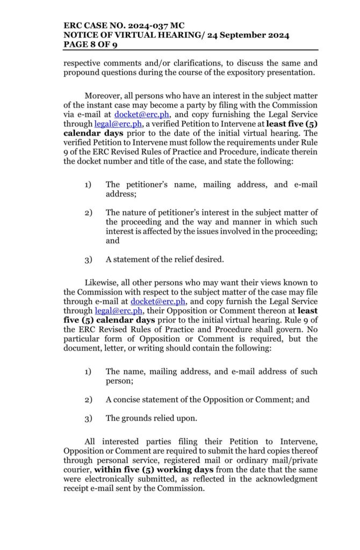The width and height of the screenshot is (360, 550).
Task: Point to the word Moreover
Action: [x=104, y=95]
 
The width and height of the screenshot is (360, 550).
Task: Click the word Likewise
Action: [x=102, y=283]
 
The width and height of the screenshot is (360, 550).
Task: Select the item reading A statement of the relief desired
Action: [x=164, y=259]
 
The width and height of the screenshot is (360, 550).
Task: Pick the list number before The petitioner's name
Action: [x=88, y=185]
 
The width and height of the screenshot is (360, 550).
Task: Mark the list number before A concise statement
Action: [x=88, y=400]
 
